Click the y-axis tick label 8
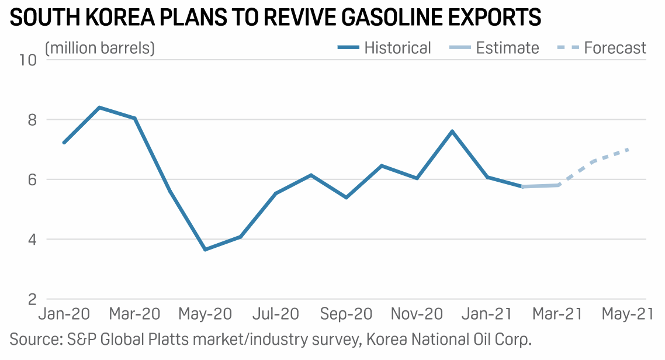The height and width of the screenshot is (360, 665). (30, 120)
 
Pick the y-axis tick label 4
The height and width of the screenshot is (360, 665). (30, 240)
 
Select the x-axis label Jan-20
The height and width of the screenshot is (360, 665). (64, 314)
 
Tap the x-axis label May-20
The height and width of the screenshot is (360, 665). (205, 314)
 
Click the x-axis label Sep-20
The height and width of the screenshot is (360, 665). (346, 314)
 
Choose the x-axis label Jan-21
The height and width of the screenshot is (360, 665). (487, 314)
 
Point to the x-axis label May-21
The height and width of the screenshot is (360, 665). (629, 314)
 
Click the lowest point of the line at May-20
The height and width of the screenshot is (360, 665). (205, 250)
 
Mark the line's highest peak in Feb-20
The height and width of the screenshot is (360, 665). (99, 108)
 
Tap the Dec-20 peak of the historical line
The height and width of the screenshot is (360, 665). (452, 131)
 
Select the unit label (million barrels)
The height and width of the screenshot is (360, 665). (100, 48)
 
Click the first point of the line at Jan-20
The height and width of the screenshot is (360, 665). (64, 143)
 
